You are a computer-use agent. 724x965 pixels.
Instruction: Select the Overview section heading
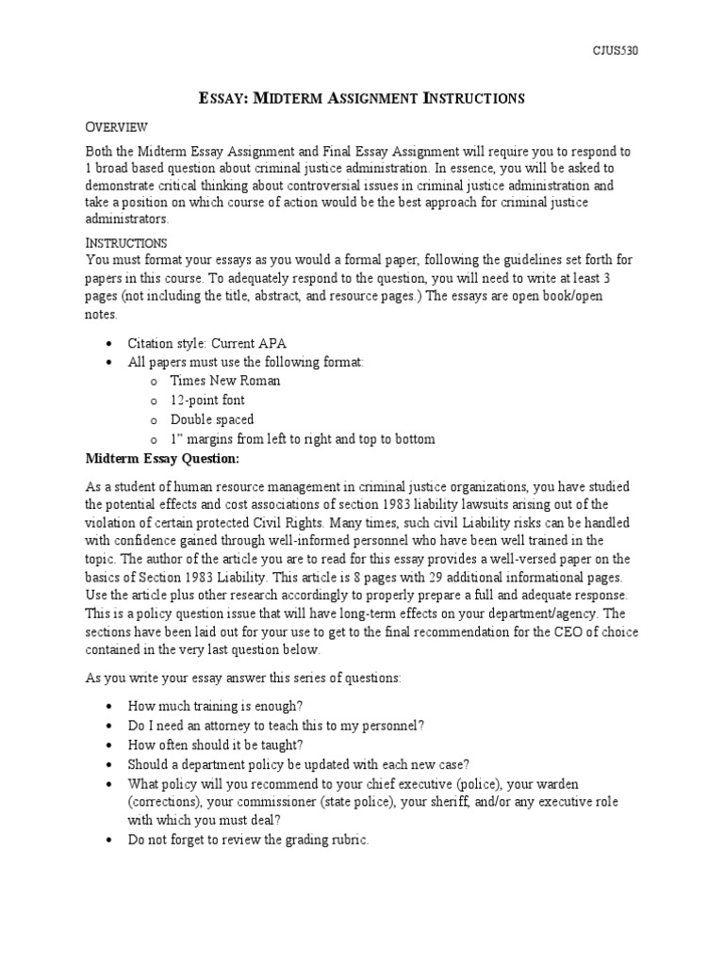(x=117, y=127)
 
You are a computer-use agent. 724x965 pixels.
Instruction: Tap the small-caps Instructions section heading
(x=126, y=242)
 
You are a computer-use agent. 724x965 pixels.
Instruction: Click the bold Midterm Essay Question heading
(x=163, y=459)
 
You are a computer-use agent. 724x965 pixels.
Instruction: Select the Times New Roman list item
(x=224, y=381)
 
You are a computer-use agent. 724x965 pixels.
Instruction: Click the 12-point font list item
(x=207, y=401)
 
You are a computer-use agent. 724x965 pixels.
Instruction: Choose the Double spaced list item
(x=211, y=419)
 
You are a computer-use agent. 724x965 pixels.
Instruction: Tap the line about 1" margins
(x=302, y=439)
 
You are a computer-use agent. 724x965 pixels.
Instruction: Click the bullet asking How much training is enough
(x=229, y=706)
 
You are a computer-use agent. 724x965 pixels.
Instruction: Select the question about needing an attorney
(x=276, y=725)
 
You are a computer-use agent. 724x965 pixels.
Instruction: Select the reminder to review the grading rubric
(x=248, y=840)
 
